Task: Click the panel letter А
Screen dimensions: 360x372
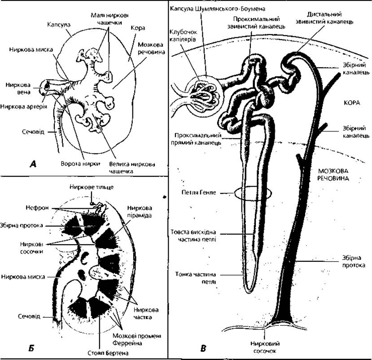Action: tap(32, 164)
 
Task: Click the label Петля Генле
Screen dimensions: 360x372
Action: tap(199, 192)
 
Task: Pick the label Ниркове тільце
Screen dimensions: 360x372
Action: tap(92, 187)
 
